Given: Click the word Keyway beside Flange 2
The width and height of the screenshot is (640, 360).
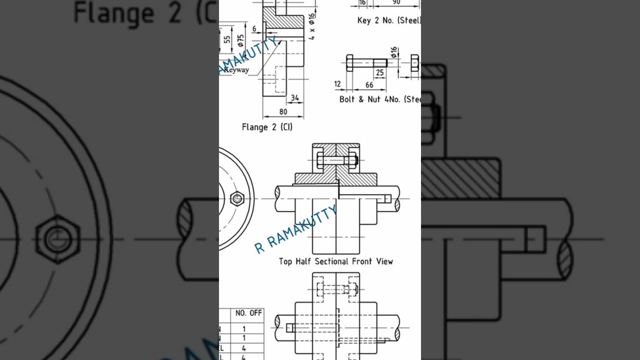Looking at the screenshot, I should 236,70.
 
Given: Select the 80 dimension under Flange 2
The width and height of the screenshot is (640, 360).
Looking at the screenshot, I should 283,111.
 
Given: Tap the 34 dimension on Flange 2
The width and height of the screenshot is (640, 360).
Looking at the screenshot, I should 295,98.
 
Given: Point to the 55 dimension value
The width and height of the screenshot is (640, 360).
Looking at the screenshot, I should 227,40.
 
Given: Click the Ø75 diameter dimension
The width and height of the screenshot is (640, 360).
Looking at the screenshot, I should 241,40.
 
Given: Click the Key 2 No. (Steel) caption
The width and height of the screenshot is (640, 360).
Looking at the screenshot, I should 389,20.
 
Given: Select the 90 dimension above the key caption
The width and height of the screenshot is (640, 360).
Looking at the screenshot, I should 396,2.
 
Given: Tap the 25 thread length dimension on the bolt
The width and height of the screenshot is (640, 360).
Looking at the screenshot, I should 380,73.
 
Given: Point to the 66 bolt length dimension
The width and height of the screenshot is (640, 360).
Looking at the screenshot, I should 369,85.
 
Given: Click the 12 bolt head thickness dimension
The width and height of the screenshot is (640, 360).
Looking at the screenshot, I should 337,84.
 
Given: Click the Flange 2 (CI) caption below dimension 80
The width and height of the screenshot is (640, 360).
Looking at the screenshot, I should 267,127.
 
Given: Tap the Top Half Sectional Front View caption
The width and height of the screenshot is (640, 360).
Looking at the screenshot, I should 335,261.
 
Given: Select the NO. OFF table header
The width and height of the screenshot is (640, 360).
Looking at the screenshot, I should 248,313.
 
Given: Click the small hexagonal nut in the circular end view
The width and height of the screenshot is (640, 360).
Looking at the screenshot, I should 237,199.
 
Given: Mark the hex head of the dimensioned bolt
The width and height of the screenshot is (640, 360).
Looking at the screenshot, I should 349,63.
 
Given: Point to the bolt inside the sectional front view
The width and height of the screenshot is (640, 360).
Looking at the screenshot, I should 336,160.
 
